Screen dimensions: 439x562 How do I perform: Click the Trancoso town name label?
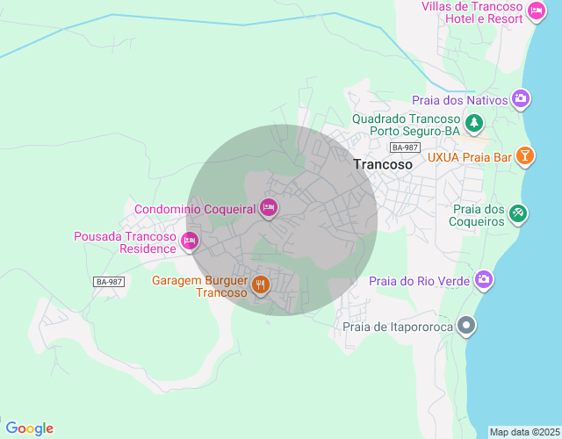[383, 164]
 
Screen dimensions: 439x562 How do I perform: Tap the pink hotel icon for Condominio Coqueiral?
[269, 208]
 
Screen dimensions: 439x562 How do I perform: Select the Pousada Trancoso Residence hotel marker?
[189, 241]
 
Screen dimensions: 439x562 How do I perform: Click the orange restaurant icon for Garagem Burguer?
[260, 284]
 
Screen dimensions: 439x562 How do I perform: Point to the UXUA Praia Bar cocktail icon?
[524, 156]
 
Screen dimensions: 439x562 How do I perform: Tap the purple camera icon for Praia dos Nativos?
[521, 99]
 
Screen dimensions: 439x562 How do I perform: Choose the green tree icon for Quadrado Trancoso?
[474, 122]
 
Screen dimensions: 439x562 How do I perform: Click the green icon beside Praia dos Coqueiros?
[518, 212]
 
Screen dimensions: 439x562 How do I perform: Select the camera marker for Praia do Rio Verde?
[483, 280]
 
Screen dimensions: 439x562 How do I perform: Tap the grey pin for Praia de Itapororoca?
[467, 327]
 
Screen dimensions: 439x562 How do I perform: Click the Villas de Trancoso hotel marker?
[537, 11]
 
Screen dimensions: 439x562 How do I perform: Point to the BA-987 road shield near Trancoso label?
[406, 148]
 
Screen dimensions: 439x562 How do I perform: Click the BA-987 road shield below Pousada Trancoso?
[109, 281]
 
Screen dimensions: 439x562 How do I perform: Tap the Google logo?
[29, 428]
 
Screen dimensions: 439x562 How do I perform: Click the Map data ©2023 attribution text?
[523, 432]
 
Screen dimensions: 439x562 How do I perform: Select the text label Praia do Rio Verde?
[419, 281]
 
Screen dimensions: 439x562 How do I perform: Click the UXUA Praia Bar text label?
[469, 157]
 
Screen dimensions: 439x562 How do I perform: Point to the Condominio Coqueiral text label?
[194, 209]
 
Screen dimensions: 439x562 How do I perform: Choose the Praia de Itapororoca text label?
[397, 327]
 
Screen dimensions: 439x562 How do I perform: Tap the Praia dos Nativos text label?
[459, 100]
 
